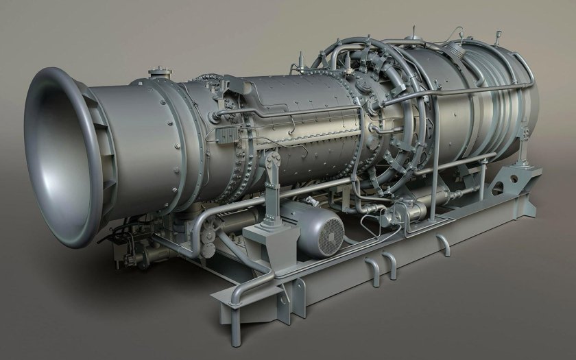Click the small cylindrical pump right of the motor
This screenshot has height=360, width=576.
click(x=395, y=219)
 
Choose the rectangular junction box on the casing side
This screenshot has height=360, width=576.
click(x=225, y=133)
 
